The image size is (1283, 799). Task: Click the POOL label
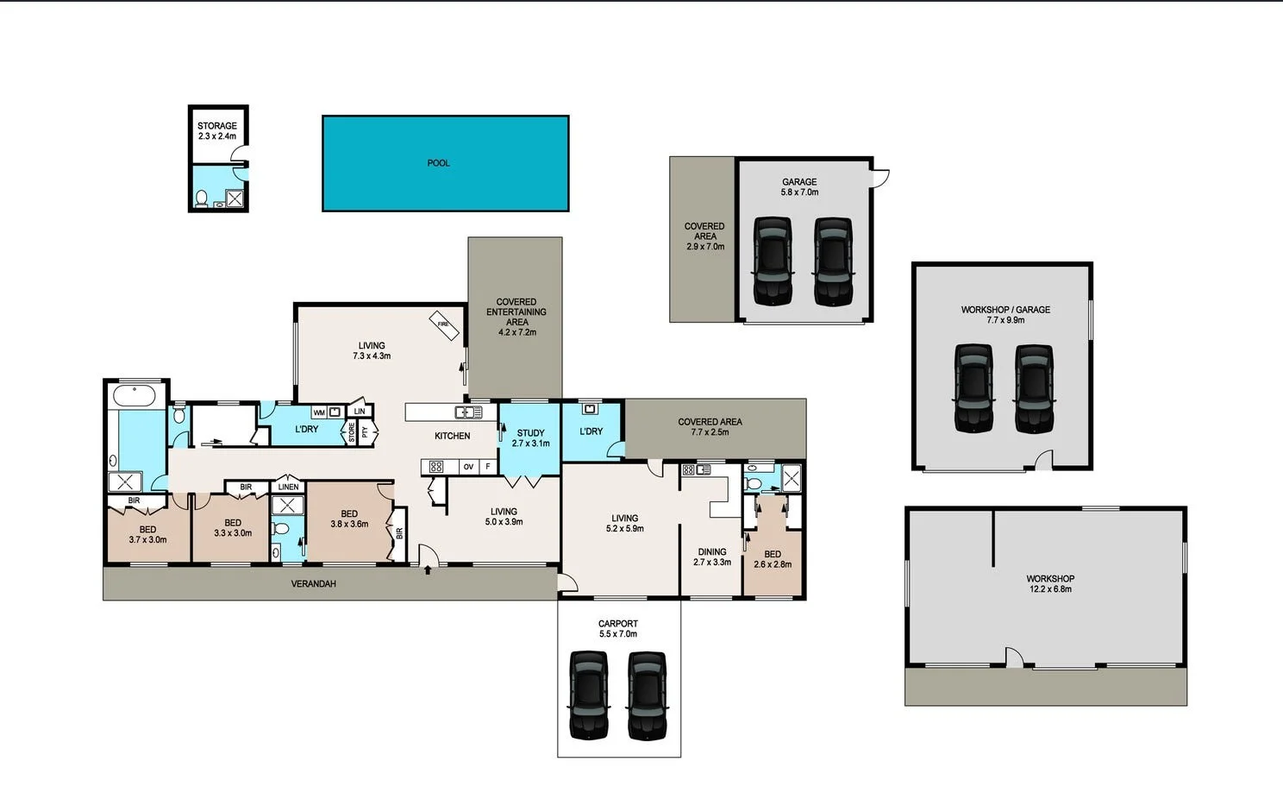438,163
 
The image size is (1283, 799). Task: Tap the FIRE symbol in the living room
444,324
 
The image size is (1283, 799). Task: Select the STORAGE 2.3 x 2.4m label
216,131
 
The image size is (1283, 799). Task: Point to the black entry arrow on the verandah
428,569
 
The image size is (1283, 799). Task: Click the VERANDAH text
313,584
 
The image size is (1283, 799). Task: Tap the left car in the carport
589,695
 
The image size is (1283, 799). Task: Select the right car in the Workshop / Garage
1034,388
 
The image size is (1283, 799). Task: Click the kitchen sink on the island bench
468,412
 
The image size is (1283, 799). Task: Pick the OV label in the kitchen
468,467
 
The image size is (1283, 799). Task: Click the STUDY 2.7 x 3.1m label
530,438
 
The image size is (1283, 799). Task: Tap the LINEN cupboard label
288,487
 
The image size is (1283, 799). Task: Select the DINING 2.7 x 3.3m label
712,557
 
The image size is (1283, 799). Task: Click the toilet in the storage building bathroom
201,199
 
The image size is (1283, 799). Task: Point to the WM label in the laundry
319,412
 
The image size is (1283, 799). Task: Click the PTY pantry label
365,431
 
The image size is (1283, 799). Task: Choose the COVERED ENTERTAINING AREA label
516,317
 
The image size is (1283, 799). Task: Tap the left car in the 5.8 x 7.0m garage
772,261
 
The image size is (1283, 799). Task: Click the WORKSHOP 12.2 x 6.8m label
1049,584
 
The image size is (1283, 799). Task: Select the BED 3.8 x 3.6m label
349,519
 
